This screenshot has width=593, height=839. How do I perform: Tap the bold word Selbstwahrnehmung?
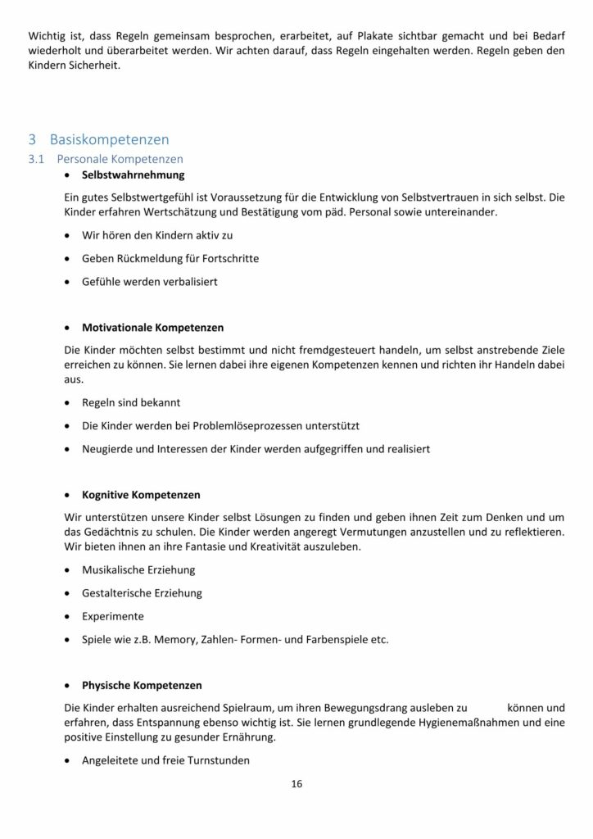tap(133, 175)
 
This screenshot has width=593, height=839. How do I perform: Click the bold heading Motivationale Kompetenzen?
tap(152, 328)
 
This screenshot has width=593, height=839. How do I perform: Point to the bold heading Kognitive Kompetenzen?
tap(141, 496)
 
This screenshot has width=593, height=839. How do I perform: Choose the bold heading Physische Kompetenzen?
tap(142, 685)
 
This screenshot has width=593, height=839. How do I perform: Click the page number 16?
tap(296, 784)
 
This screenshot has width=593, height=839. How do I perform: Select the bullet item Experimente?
tap(113, 616)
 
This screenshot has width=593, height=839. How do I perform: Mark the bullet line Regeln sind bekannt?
tap(131, 403)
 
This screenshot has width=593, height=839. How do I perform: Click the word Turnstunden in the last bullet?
tap(215, 760)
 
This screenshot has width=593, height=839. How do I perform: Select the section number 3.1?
tap(36, 159)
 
